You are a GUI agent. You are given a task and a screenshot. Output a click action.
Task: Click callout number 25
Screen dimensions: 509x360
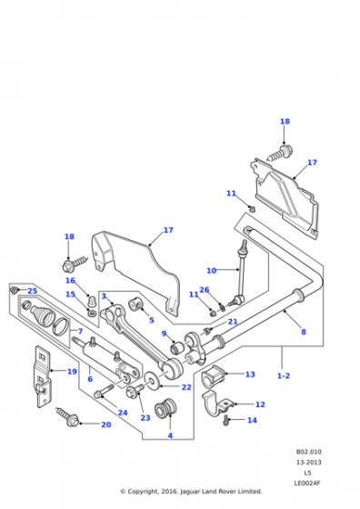coord(32,291)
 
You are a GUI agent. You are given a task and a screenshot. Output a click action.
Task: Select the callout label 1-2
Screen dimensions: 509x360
coord(283,374)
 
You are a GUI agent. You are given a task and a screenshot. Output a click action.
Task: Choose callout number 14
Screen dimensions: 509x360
coord(253,420)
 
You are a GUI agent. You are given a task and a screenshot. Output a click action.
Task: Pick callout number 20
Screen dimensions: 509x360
coord(106,424)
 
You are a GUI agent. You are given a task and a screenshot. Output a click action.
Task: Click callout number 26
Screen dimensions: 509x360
coord(204,290)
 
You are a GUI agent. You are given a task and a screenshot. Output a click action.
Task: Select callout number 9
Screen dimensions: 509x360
coord(165,334)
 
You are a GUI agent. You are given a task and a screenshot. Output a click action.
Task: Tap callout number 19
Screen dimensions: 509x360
coord(72,371)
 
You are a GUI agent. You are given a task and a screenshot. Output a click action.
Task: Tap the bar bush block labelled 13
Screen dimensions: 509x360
coord(215,374)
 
